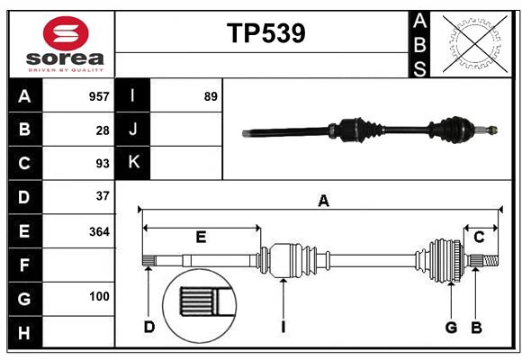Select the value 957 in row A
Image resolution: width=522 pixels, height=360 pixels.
click(x=99, y=96)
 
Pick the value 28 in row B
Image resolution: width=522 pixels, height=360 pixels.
click(x=103, y=130)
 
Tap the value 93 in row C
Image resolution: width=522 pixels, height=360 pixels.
click(x=103, y=163)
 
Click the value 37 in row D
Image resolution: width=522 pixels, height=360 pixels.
click(x=103, y=196)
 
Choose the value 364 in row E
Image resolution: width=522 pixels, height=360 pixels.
click(x=99, y=231)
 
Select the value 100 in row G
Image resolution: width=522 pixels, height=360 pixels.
click(x=99, y=296)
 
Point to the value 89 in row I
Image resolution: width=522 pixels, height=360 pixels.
click(x=211, y=96)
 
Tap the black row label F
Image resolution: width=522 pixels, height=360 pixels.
click(x=24, y=265)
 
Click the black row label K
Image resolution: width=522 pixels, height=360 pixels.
click(x=133, y=163)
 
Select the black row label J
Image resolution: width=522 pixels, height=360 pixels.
click(x=133, y=130)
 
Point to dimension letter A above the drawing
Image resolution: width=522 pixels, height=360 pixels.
click(x=323, y=202)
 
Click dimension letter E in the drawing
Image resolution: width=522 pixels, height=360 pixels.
click(x=201, y=238)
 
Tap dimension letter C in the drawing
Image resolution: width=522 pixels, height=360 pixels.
click(x=480, y=237)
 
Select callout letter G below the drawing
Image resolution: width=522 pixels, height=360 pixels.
click(x=451, y=327)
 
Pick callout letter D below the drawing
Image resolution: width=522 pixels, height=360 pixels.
click(x=149, y=327)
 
